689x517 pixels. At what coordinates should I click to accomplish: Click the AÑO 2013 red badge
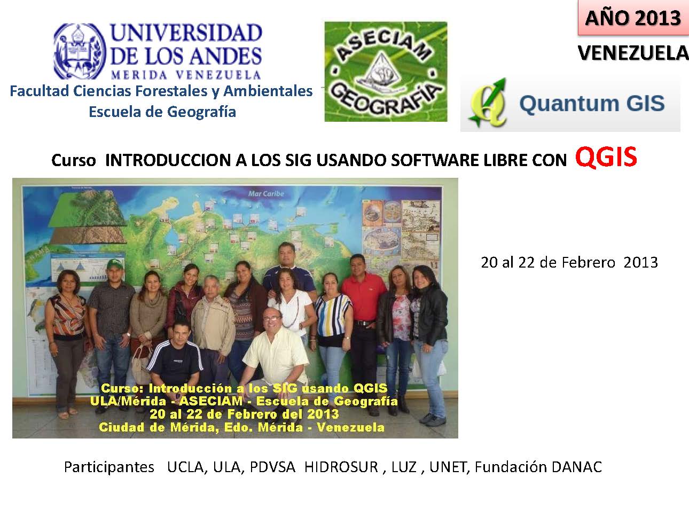click(x=632, y=18)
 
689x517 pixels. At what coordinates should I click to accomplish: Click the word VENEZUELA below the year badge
click(x=633, y=52)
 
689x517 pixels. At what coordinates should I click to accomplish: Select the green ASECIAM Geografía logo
click(x=386, y=72)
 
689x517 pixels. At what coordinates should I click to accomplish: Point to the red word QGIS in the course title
click(x=606, y=158)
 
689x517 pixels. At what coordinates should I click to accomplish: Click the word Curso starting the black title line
click(x=74, y=160)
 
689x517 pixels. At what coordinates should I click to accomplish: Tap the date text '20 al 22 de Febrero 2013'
click(x=569, y=262)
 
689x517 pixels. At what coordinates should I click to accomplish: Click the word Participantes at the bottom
click(x=109, y=467)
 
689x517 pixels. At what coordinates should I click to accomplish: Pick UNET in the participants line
click(x=449, y=467)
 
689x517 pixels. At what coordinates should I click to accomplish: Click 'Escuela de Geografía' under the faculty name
click(x=162, y=112)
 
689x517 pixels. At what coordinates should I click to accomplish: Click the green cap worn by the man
click(x=115, y=263)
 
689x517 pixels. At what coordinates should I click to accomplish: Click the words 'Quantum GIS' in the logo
click(x=591, y=103)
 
